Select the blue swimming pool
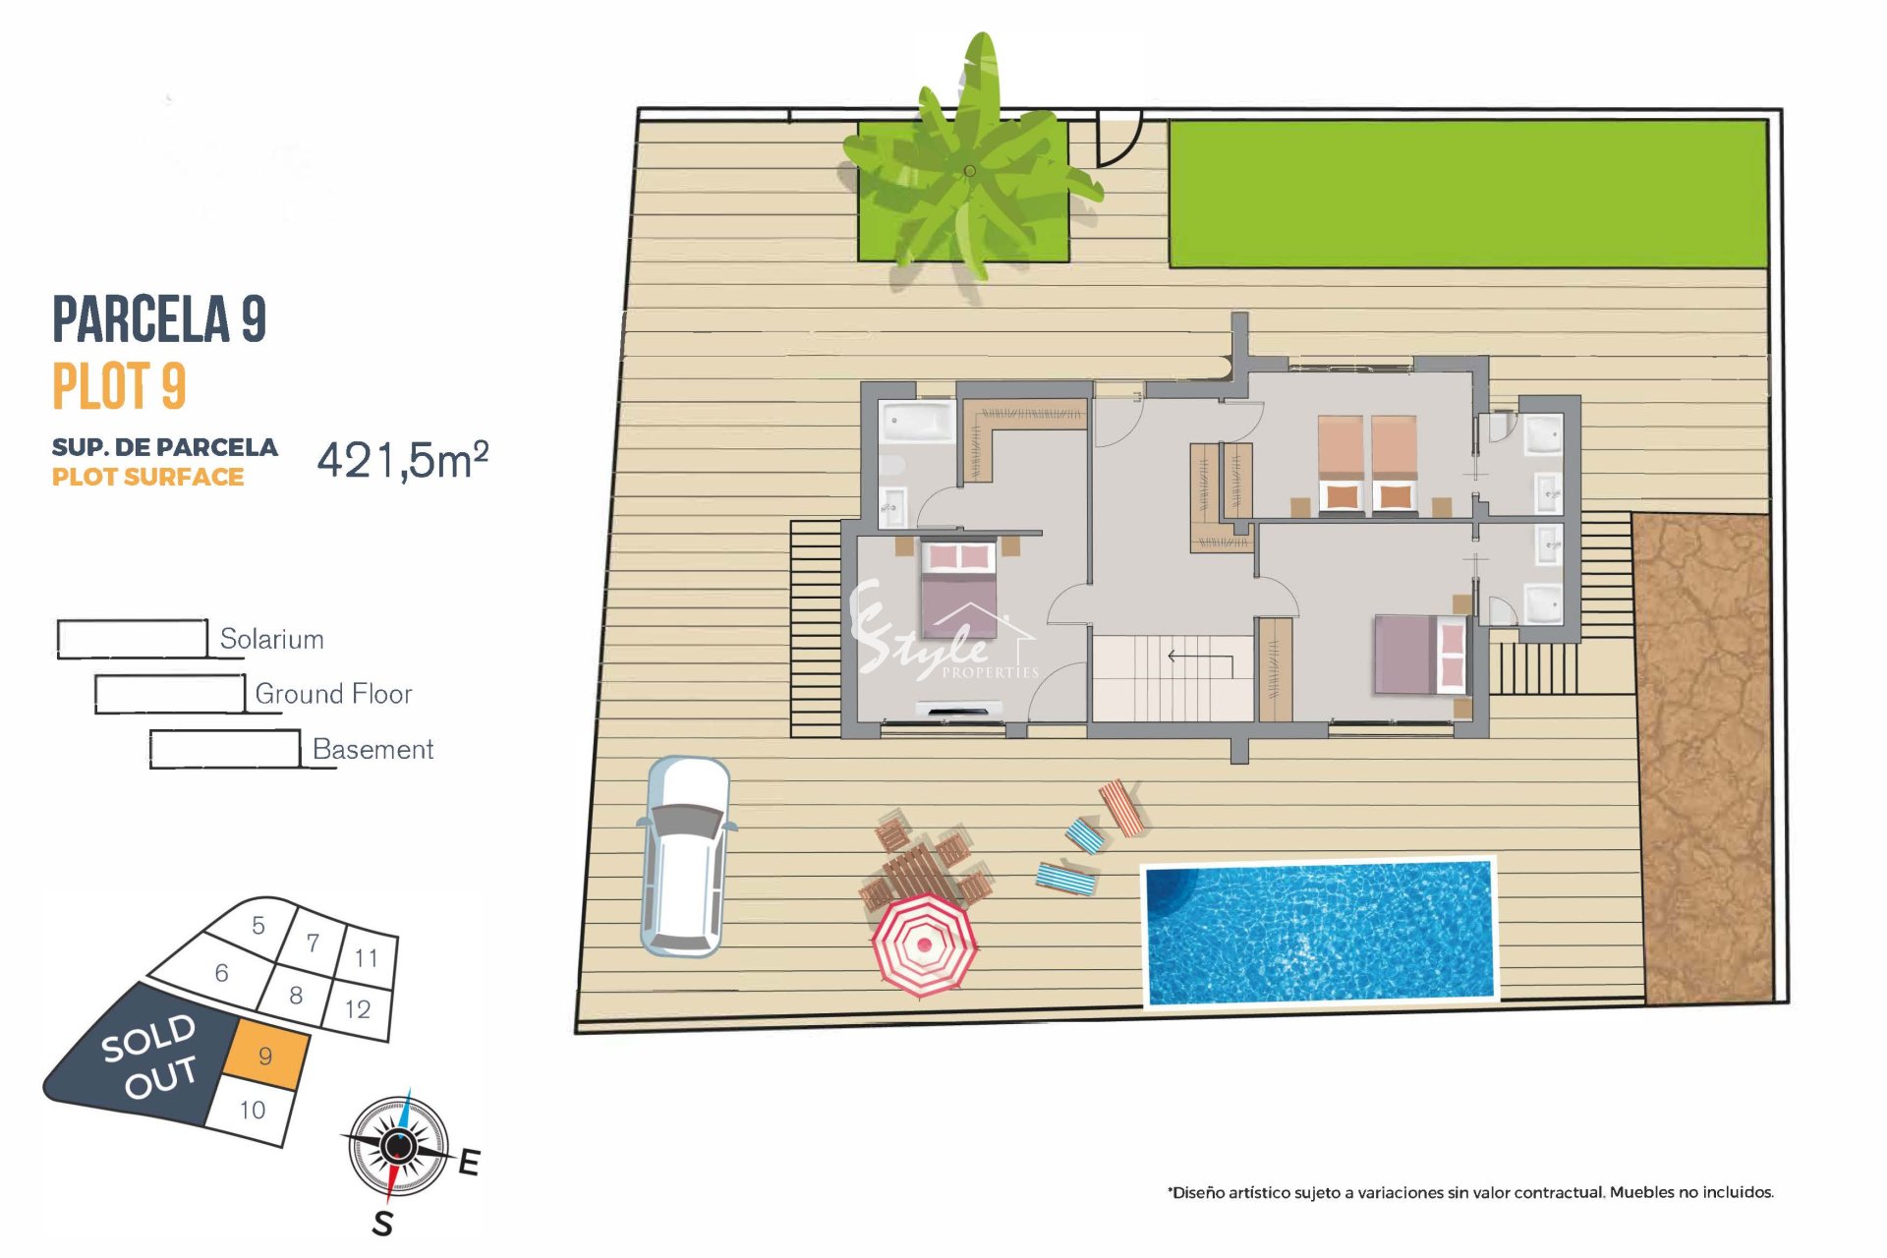(x=1320, y=932)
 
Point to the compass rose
(x=398, y=1146)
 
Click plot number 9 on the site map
(x=265, y=1056)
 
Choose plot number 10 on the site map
(x=253, y=1110)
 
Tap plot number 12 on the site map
(x=358, y=1008)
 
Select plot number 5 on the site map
(x=258, y=925)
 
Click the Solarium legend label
(x=271, y=639)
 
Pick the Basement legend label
(x=372, y=749)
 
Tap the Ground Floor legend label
(x=333, y=694)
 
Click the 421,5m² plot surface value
(x=403, y=460)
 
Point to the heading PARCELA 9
(x=159, y=318)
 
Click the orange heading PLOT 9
(x=119, y=385)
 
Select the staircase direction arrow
(x=1200, y=658)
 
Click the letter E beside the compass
(x=469, y=1162)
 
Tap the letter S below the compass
(x=382, y=1224)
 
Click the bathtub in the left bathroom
(x=917, y=422)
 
